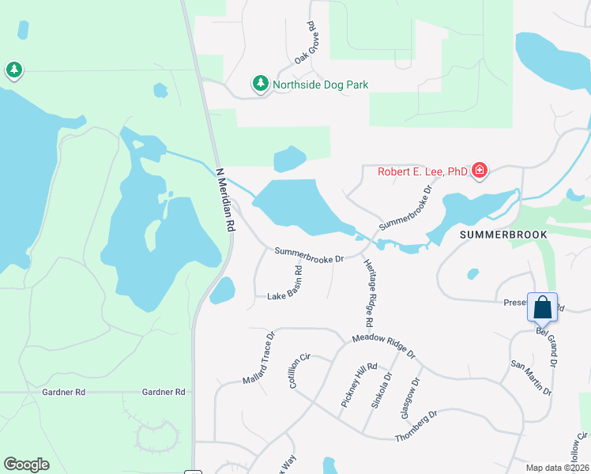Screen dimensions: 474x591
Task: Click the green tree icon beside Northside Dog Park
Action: (x=260, y=83)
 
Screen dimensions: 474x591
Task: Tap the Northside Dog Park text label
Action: (x=321, y=85)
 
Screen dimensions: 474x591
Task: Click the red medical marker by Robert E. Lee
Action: (x=479, y=170)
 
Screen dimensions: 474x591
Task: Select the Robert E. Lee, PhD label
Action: (x=422, y=171)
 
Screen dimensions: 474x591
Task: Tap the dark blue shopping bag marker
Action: (x=543, y=308)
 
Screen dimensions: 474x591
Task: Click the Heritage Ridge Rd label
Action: (x=368, y=292)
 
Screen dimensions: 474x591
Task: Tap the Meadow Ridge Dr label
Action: (x=383, y=345)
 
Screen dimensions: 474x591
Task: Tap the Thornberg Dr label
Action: (x=416, y=427)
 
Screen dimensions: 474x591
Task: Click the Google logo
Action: (x=26, y=465)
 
